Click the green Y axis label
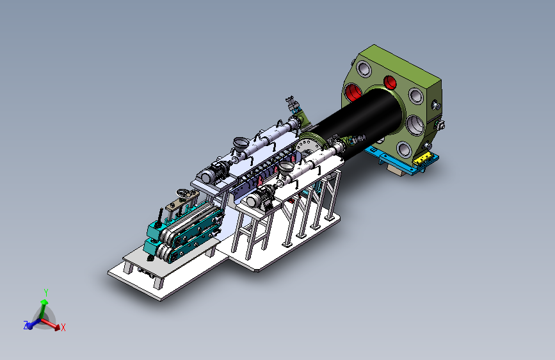46,293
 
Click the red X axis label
63,327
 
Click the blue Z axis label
26,325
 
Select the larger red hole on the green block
353,92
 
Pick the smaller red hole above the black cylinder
390,82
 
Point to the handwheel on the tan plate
183,193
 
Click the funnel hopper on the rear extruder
241,144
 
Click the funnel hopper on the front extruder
287,167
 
